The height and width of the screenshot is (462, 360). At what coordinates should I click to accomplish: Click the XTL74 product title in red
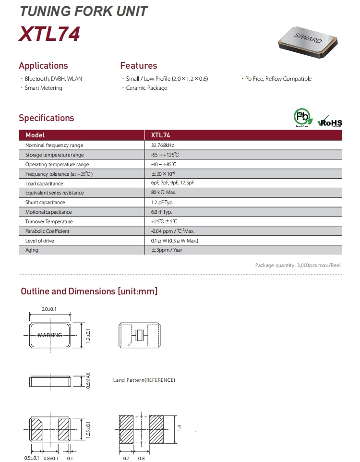[x=49, y=35]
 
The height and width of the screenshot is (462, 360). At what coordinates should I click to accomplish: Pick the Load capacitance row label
[x=44, y=183]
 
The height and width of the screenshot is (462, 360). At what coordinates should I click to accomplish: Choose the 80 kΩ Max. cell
[x=164, y=193]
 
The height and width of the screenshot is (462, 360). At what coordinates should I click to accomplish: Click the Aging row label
[x=33, y=250]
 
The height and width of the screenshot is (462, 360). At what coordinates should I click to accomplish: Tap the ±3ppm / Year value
[x=167, y=250]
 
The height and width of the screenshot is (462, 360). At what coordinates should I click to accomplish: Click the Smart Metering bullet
[x=43, y=88]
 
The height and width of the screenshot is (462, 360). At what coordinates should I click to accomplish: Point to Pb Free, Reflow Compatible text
[x=278, y=79]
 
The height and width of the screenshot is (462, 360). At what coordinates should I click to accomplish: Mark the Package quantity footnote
[x=299, y=265]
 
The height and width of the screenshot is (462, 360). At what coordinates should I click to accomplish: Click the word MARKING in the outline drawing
[x=50, y=335]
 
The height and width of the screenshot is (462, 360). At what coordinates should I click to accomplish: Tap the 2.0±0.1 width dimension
[x=49, y=309]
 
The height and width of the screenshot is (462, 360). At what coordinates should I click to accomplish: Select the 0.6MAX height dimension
[x=88, y=380]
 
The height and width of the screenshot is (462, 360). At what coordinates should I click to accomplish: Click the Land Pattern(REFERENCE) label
[x=144, y=380]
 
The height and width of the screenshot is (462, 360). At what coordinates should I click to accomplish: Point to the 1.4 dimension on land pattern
[x=180, y=427]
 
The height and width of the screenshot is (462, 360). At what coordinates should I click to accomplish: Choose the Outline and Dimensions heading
[x=89, y=292]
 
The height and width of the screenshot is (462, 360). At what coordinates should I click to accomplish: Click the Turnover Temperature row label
[x=49, y=222]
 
